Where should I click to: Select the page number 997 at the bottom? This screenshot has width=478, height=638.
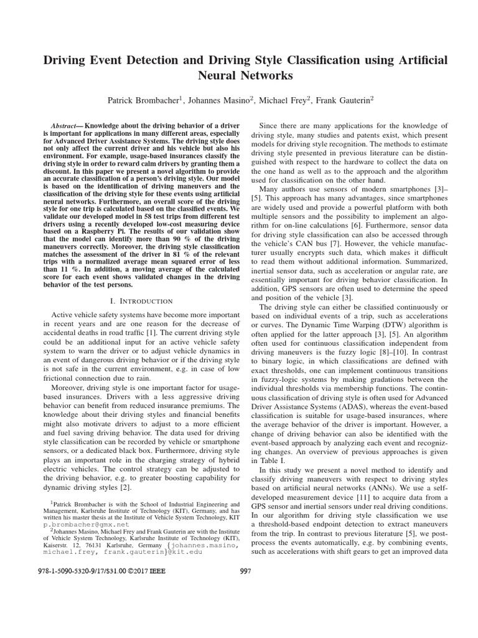pos(245,573)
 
